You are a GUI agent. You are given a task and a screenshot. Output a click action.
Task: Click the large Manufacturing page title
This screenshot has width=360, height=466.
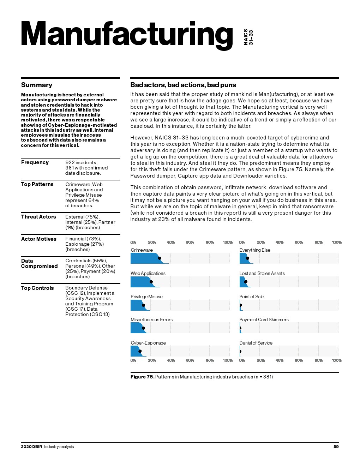[x=126, y=34]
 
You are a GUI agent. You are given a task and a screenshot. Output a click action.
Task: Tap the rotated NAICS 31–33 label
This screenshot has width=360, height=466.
[x=248, y=37]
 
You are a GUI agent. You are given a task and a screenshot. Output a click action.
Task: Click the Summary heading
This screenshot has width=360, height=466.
[x=37, y=85]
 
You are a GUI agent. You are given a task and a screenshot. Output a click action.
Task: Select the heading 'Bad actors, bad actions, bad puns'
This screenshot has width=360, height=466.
[x=183, y=85]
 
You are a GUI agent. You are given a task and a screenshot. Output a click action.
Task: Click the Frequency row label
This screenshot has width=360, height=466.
[x=35, y=162]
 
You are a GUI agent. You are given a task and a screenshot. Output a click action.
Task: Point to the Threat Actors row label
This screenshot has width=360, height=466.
[x=38, y=217]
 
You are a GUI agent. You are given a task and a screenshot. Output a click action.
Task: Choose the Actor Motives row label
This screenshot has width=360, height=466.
[x=39, y=239]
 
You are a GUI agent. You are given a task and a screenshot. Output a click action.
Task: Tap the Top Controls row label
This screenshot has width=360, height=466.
[x=37, y=288]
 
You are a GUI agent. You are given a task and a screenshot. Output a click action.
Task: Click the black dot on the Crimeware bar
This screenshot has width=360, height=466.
[x=160, y=258]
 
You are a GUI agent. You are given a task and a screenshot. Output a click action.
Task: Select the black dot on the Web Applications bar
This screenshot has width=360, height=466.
[x=151, y=282]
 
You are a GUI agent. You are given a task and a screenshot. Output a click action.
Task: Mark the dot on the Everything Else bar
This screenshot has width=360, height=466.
[x=247, y=258]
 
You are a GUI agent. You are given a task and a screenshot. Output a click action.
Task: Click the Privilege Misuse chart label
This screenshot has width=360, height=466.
[x=146, y=297]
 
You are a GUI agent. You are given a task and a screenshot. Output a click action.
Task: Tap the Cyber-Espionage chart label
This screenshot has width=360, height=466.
[x=148, y=343]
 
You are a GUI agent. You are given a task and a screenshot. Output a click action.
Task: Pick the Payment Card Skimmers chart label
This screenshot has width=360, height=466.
[x=264, y=320]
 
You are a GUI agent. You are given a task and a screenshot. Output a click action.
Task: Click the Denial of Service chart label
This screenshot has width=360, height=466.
[x=256, y=343]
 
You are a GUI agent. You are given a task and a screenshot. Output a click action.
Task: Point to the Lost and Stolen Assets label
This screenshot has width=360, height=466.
[x=262, y=274]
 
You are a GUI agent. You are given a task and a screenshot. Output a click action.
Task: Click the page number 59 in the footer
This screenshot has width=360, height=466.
[x=336, y=447]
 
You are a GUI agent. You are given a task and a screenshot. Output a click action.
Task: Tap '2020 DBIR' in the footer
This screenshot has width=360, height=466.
[x=31, y=447]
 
